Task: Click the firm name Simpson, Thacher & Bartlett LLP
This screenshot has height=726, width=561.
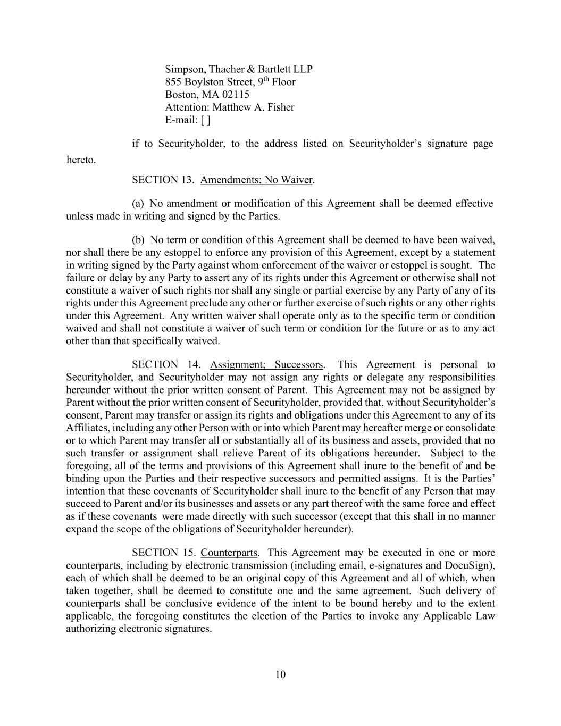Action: pyautogui.click(x=238, y=69)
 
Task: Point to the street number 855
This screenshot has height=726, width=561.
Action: pyautogui.click(x=173, y=82)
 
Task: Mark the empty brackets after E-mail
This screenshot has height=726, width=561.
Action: pyautogui.click(x=205, y=120)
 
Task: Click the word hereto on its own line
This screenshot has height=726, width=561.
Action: pyautogui.click(x=81, y=160)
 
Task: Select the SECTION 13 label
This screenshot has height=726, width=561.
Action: pyautogui.click(x=163, y=180)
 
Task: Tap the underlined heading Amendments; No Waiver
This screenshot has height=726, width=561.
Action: pyautogui.click(x=256, y=180)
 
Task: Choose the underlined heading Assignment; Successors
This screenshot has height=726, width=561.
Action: pyautogui.click(x=266, y=365)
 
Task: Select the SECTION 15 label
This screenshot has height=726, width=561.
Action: pyautogui.click(x=164, y=553)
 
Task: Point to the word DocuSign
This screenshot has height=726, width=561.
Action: pyautogui.click(x=469, y=565)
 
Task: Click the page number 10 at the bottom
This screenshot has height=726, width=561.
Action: pyautogui.click(x=281, y=675)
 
